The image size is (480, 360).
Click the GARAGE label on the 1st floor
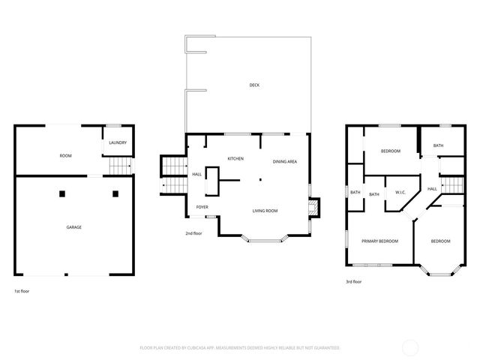(x=73, y=226)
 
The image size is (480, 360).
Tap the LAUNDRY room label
(x=118, y=142)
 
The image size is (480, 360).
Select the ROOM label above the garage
(x=65, y=155)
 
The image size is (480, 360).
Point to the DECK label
(x=255, y=85)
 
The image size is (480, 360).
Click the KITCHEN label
(x=235, y=159)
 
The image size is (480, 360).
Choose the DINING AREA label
(x=284, y=162)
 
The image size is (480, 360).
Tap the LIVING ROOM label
(x=265, y=211)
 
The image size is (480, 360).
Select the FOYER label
(x=202, y=207)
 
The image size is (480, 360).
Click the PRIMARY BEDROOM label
(x=379, y=241)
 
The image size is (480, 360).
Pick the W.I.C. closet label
(x=400, y=193)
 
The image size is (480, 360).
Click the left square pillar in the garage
(x=63, y=193)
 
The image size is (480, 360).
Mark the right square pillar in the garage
(x=115, y=193)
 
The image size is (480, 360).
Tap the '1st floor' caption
(x=22, y=291)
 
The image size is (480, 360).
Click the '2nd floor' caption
(x=193, y=233)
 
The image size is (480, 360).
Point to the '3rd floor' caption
(x=353, y=282)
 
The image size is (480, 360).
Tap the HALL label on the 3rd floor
(x=432, y=189)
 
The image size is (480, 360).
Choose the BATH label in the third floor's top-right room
(x=438, y=145)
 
